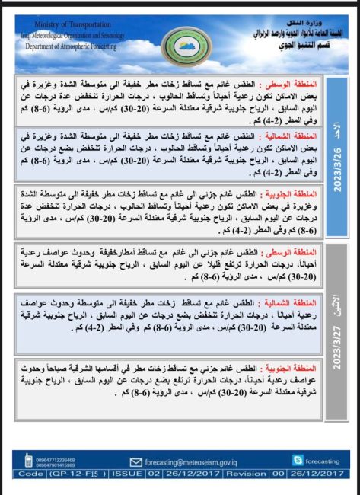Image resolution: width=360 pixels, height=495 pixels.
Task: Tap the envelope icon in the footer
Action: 137,461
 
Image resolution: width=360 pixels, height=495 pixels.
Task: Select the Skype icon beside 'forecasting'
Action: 290,461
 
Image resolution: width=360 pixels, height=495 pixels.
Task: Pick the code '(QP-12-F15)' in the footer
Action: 75,474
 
